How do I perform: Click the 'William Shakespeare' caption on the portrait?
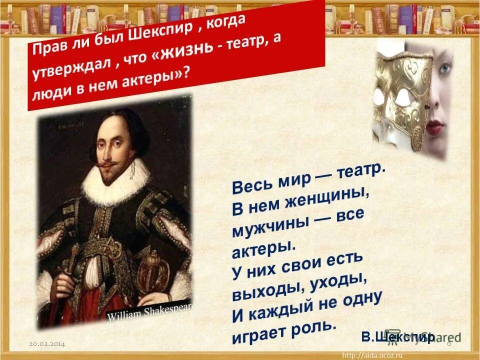pyautogui.click(x=150, y=311)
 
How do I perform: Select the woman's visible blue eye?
pyautogui.click(x=444, y=69)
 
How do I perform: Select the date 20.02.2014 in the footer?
pyautogui.click(x=47, y=345)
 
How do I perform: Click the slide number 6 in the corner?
pyautogui.click(x=448, y=345)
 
